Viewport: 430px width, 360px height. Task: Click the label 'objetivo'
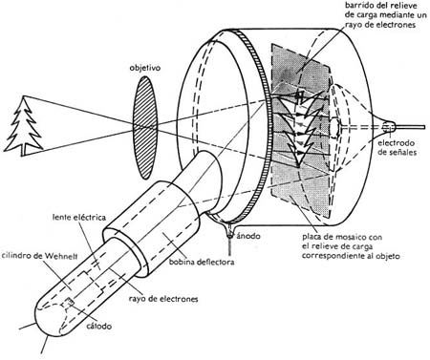tap(144, 68)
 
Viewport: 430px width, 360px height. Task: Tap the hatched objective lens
tap(145, 127)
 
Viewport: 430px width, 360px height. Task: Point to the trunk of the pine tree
tap(24, 152)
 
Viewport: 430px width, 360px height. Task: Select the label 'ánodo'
tap(247, 236)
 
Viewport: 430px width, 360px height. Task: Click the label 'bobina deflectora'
tap(202, 262)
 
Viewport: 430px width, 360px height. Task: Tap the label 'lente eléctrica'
tap(79, 218)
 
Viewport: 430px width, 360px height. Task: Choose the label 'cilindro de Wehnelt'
tap(39, 256)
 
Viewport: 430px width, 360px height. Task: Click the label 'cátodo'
tap(99, 326)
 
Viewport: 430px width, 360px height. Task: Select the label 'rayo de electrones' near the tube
tap(163, 299)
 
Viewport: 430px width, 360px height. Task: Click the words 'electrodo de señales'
tap(397, 147)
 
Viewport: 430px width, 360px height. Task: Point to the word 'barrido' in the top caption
tap(358, 6)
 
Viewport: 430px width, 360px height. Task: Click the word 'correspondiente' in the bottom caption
tap(331, 256)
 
